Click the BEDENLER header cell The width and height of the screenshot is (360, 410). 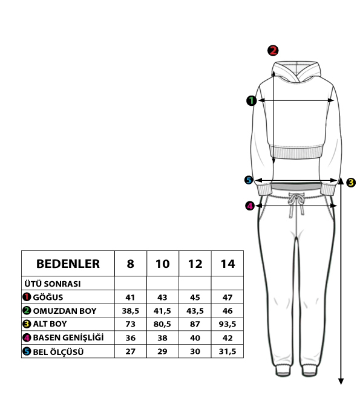pyautogui.click(x=68, y=264)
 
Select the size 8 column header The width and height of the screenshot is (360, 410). pyautogui.click(x=130, y=264)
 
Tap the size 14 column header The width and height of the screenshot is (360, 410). pyautogui.click(x=227, y=264)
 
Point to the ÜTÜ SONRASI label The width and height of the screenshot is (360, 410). pyautogui.click(x=52, y=284)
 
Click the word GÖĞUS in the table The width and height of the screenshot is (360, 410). pyautogui.click(x=48, y=298)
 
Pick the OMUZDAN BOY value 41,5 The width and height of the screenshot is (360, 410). pyautogui.click(x=162, y=311)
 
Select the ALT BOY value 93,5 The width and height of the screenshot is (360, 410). pyautogui.click(x=227, y=324)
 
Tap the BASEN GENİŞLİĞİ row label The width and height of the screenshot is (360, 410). pyautogui.click(x=68, y=337)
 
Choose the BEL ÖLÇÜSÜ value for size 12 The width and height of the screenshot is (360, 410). pyautogui.click(x=195, y=351)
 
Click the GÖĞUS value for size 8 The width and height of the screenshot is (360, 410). pyautogui.click(x=130, y=298)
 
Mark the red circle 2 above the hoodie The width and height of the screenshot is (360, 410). pyautogui.click(x=273, y=50)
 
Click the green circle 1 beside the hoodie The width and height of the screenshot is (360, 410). pyautogui.click(x=252, y=100)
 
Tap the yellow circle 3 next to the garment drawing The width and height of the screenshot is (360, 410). pyautogui.click(x=351, y=182)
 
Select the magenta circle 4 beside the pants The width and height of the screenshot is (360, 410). pyautogui.click(x=250, y=206)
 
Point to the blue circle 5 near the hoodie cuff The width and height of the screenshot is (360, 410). pyautogui.click(x=249, y=180)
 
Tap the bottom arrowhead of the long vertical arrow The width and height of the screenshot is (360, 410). pyautogui.click(x=341, y=382)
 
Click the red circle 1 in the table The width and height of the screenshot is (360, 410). pyautogui.click(x=27, y=297)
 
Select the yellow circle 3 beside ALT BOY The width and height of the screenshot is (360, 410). pyautogui.click(x=27, y=324)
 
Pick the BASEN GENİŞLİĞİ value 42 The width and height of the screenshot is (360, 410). pyautogui.click(x=227, y=338)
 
